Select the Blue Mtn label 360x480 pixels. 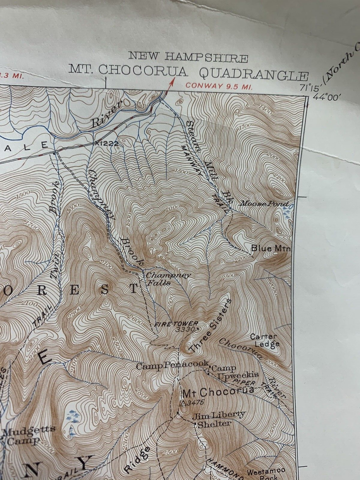pos(270,248)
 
